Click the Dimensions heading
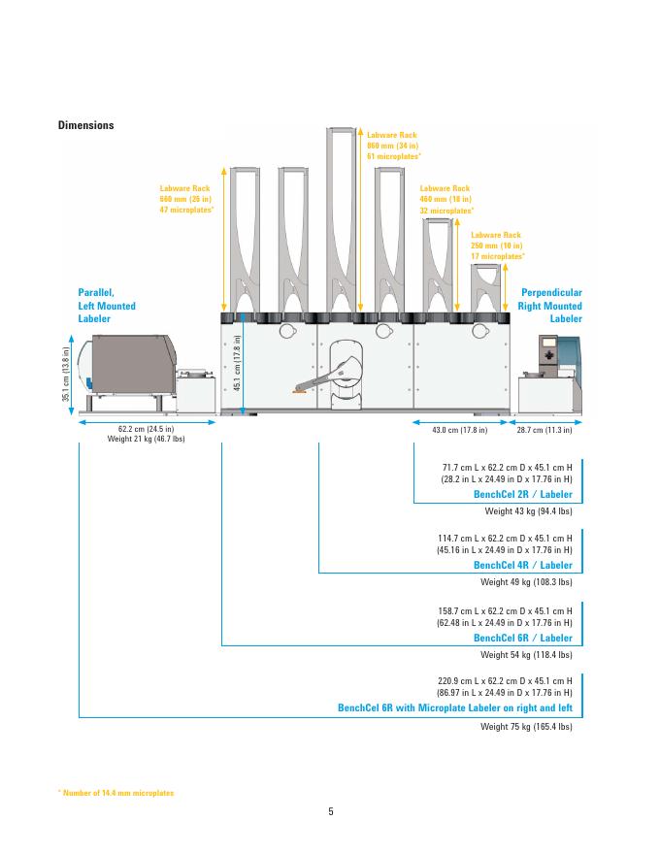click(x=85, y=125)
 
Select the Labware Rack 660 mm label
click(x=186, y=199)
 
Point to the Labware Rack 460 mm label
click(x=445, y=199)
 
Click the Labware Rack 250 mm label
click(x=497, y=246)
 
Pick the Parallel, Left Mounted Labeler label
click(x=106, y=305)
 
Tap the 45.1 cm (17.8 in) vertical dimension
click(x=238, y=362)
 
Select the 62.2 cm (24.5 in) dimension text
click(x=146, y=428)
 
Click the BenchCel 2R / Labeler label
click(x=522, y=494)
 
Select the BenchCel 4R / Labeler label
click(x=522, y=565)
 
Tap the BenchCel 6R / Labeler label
click(x=522, y=639)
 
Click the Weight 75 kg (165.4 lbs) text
click(x=526, y=726)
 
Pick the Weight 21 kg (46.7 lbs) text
click(x=146, y=439)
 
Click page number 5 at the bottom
click(x=330, y=811)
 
